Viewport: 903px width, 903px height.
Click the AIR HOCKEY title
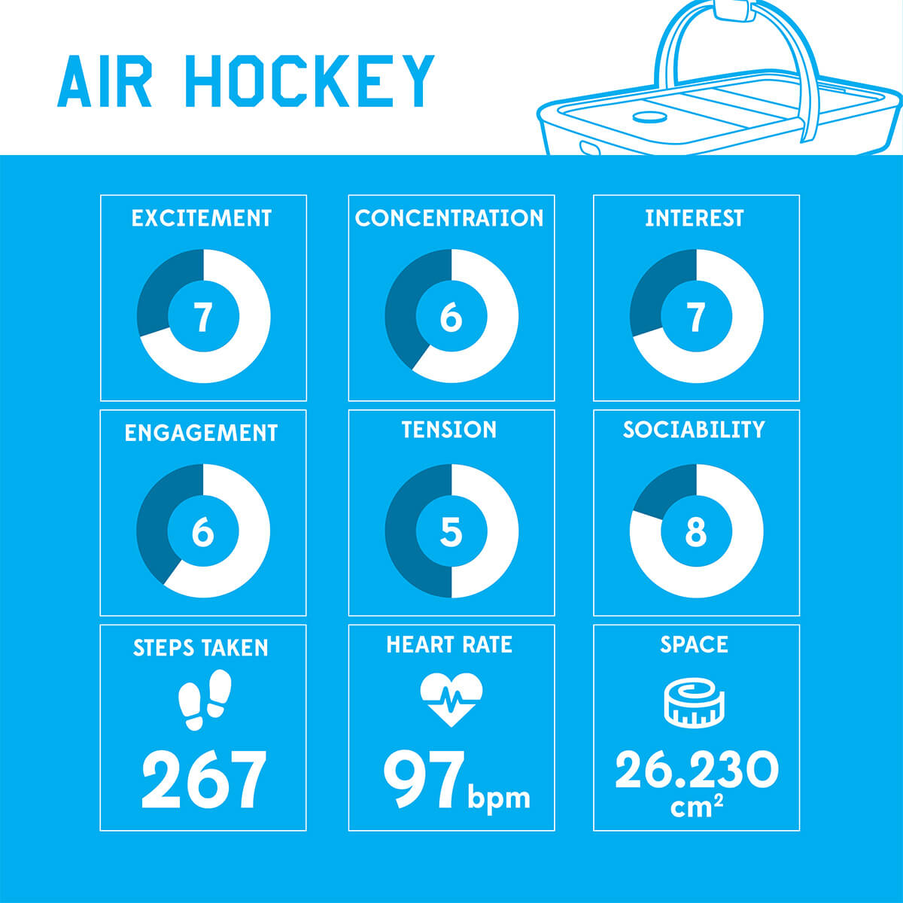click(245, 81)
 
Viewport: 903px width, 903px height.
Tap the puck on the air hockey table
click(651, 117)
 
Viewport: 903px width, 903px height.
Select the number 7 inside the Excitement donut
click(203, 317)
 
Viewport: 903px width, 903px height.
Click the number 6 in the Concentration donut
click(451, 317)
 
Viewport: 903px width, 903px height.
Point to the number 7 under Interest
click(696, 317)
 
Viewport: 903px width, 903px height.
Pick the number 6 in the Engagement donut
click(203, 531)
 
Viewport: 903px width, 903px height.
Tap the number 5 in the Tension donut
click(451, 531)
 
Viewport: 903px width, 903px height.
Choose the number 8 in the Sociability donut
click(696, 531)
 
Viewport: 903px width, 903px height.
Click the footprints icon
click(205, 700)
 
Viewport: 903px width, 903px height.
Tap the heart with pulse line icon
click(451, 700)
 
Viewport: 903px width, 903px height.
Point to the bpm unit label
click(499, 798)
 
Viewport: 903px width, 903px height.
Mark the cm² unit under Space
click(696, 807)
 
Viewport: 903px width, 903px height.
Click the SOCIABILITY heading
click(694, 429)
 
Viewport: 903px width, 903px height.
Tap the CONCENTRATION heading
click(449, 218)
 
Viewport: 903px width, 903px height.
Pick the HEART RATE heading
click(449, 644)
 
